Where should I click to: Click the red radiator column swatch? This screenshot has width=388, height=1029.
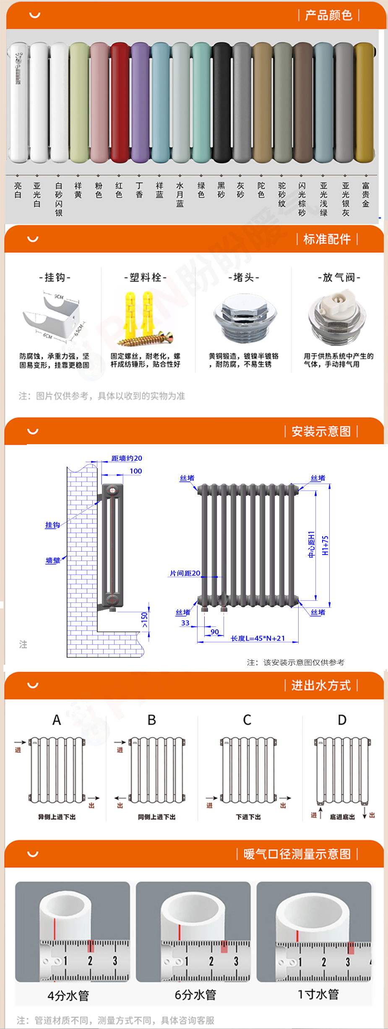(120, 103)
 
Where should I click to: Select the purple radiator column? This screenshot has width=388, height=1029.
(140, 103)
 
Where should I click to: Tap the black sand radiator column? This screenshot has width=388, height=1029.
(221, 103)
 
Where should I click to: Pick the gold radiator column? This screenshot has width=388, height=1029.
(364, 103)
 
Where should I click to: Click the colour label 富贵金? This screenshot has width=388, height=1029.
(366, 195)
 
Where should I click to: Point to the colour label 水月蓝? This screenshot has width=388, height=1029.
(180, 195)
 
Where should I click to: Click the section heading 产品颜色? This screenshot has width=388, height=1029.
(328, 16)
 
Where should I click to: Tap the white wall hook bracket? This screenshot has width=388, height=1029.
(52, 317)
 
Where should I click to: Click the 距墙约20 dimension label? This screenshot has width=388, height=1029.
(127, 458)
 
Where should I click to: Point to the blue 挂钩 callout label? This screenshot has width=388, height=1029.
(52, 525)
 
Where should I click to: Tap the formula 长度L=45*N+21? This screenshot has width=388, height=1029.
(258, 638)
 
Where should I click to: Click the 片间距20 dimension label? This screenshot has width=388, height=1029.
(185, 573)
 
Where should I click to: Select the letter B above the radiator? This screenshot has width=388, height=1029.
(152, 720)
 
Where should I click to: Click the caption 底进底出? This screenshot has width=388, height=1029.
(342, 817)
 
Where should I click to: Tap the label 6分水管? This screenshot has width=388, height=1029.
(195, 995)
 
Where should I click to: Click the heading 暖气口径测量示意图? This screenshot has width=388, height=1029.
(297, 854)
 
